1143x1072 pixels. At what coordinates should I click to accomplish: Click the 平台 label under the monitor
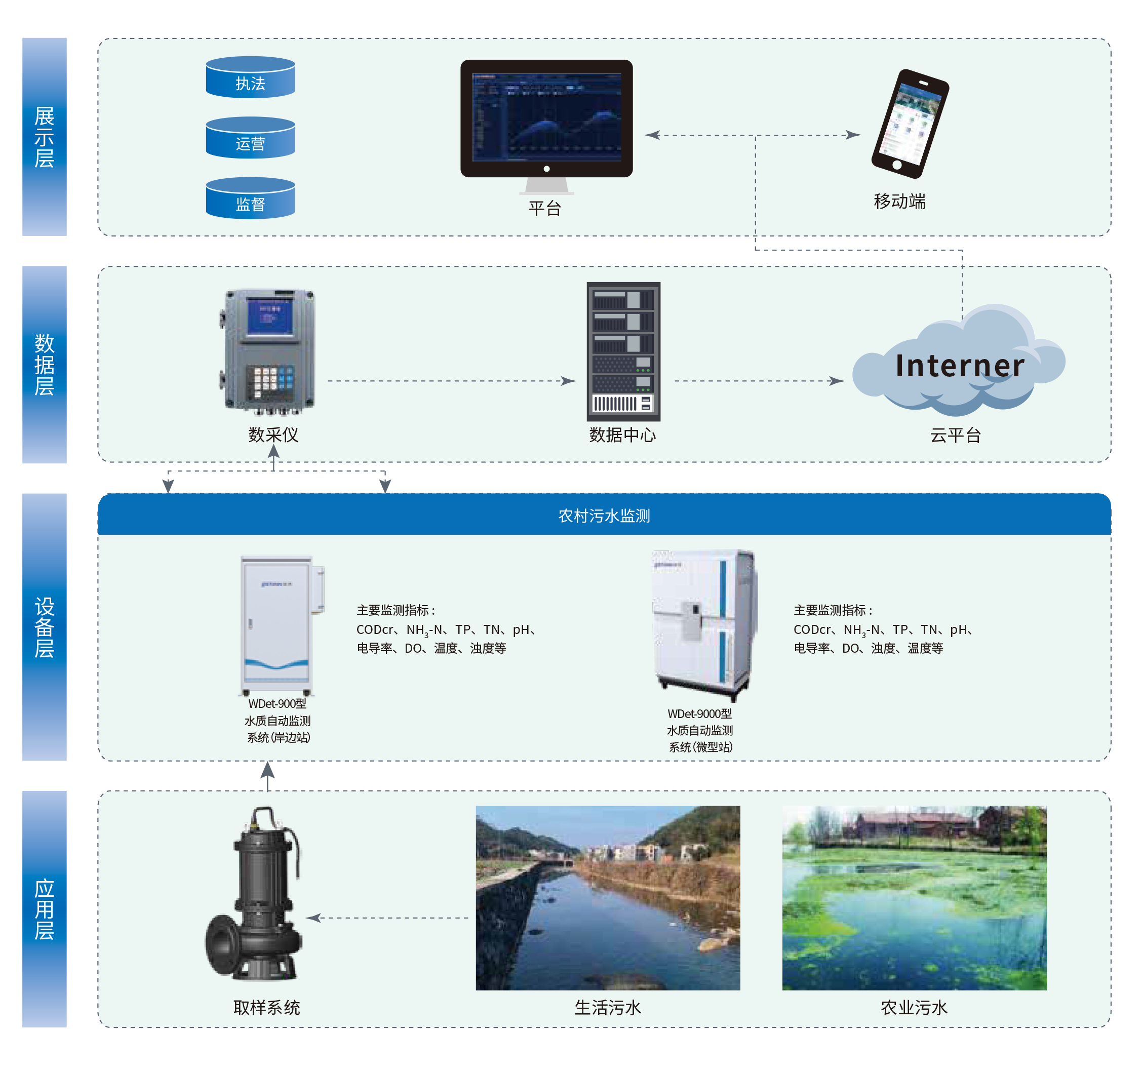tap(544, 208)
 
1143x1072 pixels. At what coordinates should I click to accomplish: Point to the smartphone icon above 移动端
tap(910, 124)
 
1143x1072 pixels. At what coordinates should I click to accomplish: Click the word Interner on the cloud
tap(960, 366)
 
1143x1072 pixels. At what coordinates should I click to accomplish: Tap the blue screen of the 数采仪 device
tap(269, 317)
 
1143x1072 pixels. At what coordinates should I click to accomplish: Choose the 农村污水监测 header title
tap(604, 515)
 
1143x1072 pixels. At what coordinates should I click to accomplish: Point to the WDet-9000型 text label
tap(699, 714)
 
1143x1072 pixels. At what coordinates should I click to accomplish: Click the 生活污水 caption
tap(608, 1008)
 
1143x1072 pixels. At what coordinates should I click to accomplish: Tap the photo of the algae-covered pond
tap(914, 898)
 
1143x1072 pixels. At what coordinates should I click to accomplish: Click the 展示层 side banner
tap(44, 137)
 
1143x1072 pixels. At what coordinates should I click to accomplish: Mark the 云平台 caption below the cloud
tap(956, 435)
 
